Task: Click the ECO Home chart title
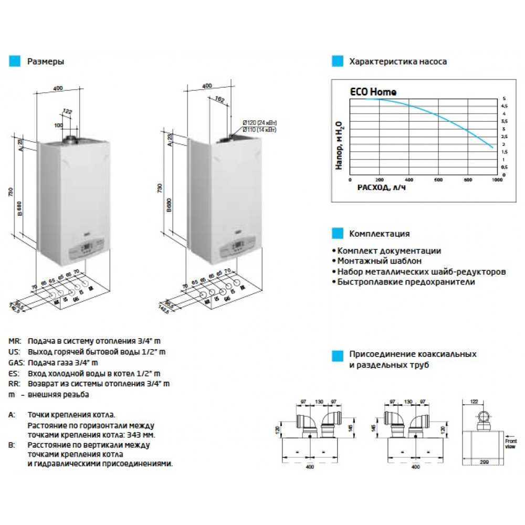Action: [x=373, y=92]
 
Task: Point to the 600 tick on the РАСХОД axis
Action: [x=438, y=179]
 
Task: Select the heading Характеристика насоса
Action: [x=397, y=61]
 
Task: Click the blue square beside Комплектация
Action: [x=336, y=234]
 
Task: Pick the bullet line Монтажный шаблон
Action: [x=377, y=261]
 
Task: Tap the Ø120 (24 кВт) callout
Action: [x=259, y=123]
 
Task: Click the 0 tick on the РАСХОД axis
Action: [x=350, y=179]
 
